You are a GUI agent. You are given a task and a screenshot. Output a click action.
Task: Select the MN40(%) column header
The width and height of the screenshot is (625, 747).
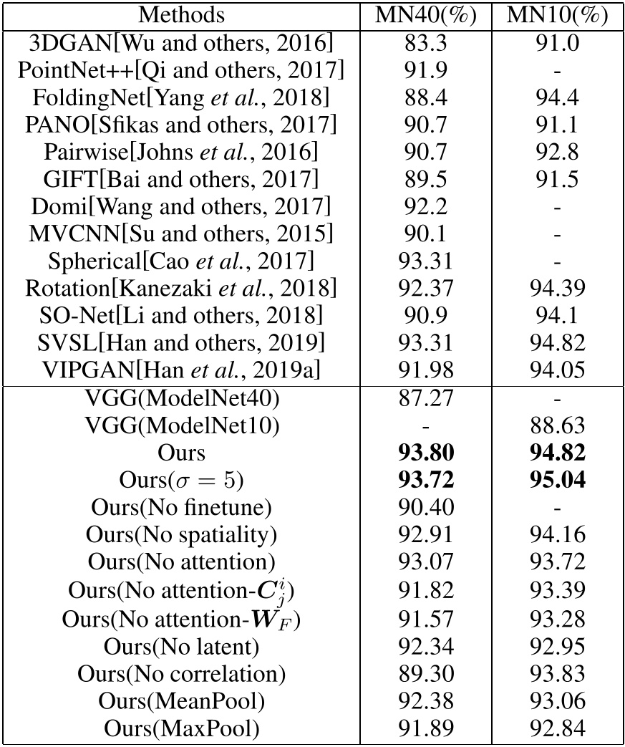pos(427,14)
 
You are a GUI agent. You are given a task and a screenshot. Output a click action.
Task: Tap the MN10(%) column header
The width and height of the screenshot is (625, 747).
pos(556,14)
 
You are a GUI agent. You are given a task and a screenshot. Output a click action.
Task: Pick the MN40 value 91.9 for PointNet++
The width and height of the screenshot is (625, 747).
pos(427,70)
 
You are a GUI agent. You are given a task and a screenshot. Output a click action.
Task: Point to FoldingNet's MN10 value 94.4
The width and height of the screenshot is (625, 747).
pos(556,97)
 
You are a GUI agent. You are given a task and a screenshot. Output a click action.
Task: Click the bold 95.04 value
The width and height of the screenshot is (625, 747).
pos(556,479)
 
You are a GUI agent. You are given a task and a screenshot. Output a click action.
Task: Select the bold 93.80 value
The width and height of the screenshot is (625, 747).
pos(427,452)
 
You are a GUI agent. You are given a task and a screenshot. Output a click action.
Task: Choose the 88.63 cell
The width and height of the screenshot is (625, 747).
pos(556,425)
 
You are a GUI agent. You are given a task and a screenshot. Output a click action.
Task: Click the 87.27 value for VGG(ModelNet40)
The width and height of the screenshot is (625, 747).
pos(427,398)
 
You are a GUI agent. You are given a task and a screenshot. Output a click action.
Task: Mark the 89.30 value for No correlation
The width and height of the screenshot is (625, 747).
pos(427,675)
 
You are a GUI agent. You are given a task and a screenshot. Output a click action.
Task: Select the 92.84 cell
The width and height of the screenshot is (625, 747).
pos(556,729)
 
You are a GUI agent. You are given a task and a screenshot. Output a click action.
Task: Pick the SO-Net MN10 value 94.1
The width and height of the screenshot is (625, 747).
pos(556,316)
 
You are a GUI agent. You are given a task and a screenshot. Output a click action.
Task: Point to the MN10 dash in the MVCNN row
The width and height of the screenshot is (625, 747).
pos(556,234)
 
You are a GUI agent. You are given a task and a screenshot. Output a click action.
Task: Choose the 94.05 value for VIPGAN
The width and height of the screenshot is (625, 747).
pos(556,370)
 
